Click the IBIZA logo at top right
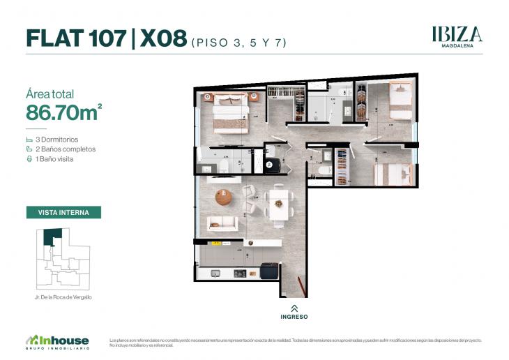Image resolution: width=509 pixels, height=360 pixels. pyautogui.click(x=457, y=35)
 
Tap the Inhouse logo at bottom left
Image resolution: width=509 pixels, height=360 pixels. pyautogui.click(x=57, y=341)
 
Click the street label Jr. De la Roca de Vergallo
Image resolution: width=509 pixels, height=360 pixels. pyautogui.click(x=63, y=297)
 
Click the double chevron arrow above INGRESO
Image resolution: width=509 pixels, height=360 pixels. pyautogui.click(x=294, y=307)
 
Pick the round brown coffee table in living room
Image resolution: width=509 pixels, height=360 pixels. pyautogui.click(x=224, y=198)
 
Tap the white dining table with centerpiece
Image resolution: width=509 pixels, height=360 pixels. pyautogui.click(x=279, y=204)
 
